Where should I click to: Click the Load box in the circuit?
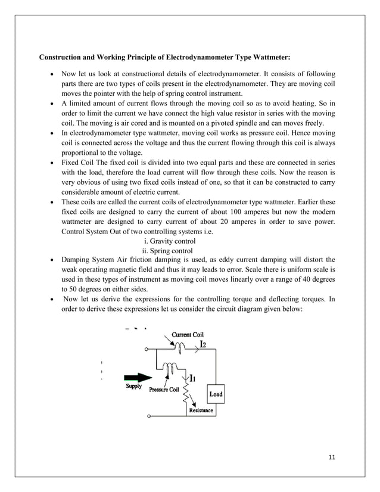pyautogui.click(x=216, y=394)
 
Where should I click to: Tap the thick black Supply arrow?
pyautogui.click(x=138, y=377)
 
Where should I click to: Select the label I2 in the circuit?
pyautogui.click(x=203, y=344)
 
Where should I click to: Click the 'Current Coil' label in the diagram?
pyautogui.click(x=188, y=335)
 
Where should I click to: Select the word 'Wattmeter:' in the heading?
pyautogui.click(x=270, y=58)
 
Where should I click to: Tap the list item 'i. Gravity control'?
pyautogui.click(x=170, y=241)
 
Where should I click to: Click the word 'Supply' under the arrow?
pyautogui.click(x=134, y=385)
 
